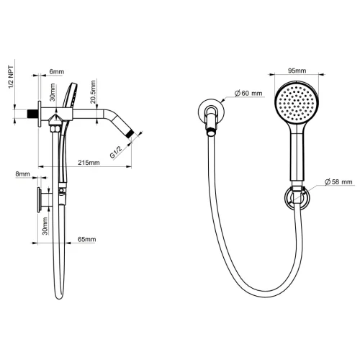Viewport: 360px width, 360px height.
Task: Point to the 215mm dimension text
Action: point(88,163)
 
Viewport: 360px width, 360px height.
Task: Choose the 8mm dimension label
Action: point(23,174)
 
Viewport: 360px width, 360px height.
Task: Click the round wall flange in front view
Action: point(212,114)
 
